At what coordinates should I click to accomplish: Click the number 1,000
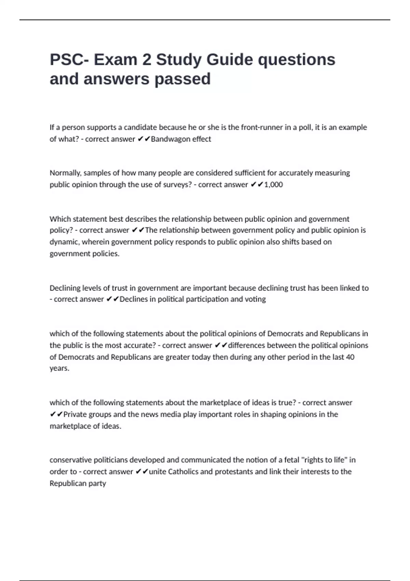pos(274,185)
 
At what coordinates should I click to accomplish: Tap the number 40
pos(350,357)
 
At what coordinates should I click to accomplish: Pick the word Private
pos(76,415)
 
